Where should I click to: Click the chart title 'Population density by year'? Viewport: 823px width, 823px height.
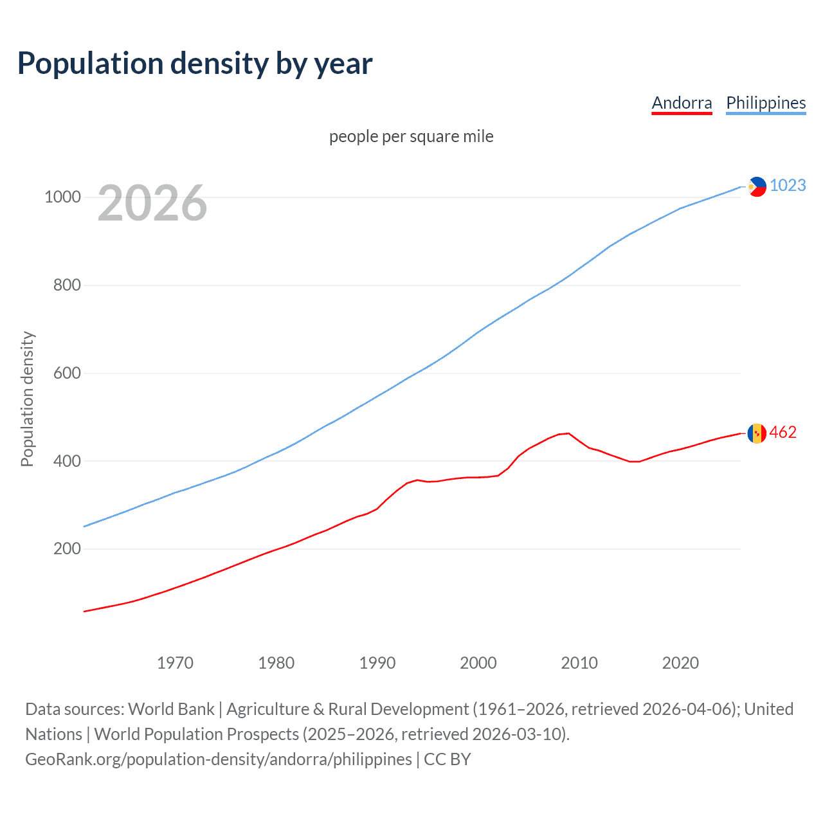[x=195, y=64]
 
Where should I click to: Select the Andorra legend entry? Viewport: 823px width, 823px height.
[x=682, y=103]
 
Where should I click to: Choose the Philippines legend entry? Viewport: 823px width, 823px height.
[x=765, y=103]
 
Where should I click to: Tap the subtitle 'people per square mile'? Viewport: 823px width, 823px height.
[x=411, y=136]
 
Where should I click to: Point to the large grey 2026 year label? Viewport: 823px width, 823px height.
[x=152, y=203]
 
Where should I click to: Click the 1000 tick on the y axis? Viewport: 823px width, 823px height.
[x=62, y=197]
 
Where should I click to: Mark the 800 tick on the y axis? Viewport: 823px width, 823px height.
[x=67, y=285]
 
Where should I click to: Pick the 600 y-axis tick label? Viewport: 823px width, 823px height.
[x=67, y=373]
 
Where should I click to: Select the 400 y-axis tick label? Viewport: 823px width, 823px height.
[x=67, y=461]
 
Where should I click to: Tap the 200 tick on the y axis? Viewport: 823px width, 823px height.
[x=67, y=548]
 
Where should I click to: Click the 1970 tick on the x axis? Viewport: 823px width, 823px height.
[x=175, y=663]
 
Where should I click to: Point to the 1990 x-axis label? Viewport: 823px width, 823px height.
[x=377, y=663]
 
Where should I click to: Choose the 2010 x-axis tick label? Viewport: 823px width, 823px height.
[x=579, y=663]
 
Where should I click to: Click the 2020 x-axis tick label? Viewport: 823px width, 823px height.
[x=680, y=663]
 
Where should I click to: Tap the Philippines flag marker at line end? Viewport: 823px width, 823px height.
[x=757, y=186]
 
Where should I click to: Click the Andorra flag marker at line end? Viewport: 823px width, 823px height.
[x=757, y=433]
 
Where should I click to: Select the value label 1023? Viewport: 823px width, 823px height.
[x=788, y=185]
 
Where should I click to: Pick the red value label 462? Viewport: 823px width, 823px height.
[x=782, y=432]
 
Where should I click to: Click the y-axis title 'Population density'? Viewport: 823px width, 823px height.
[x=27, y=399]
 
